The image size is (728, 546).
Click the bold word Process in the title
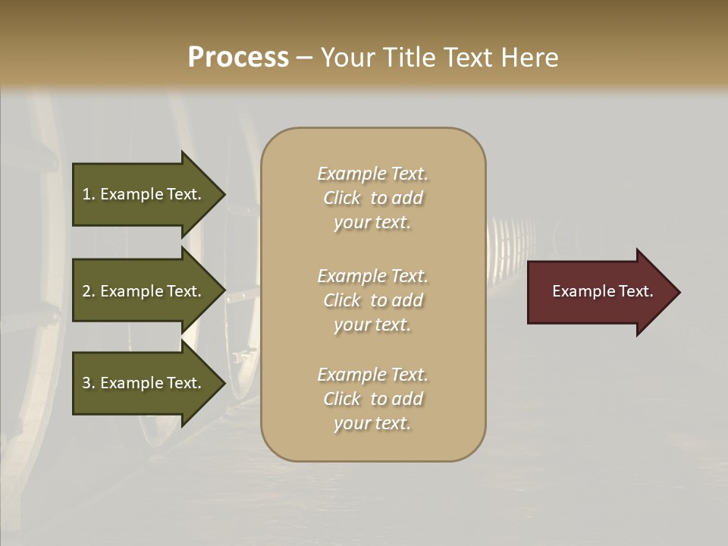coord(238,58)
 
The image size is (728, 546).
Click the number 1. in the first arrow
coord(89,194)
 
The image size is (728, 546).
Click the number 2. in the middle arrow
coord(89,291)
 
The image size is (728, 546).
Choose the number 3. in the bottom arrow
coord(89,383)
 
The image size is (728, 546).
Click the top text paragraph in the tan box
coord(372,198)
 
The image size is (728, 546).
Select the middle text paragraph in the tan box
coord(372,300)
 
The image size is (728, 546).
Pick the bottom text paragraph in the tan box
coord(372,399)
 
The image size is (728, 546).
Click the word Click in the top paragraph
coord(342,198)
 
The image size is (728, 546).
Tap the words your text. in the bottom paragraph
coord(372,423)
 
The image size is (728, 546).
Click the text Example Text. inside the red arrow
coord(602,291)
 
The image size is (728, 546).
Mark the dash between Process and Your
coord(304,58)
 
